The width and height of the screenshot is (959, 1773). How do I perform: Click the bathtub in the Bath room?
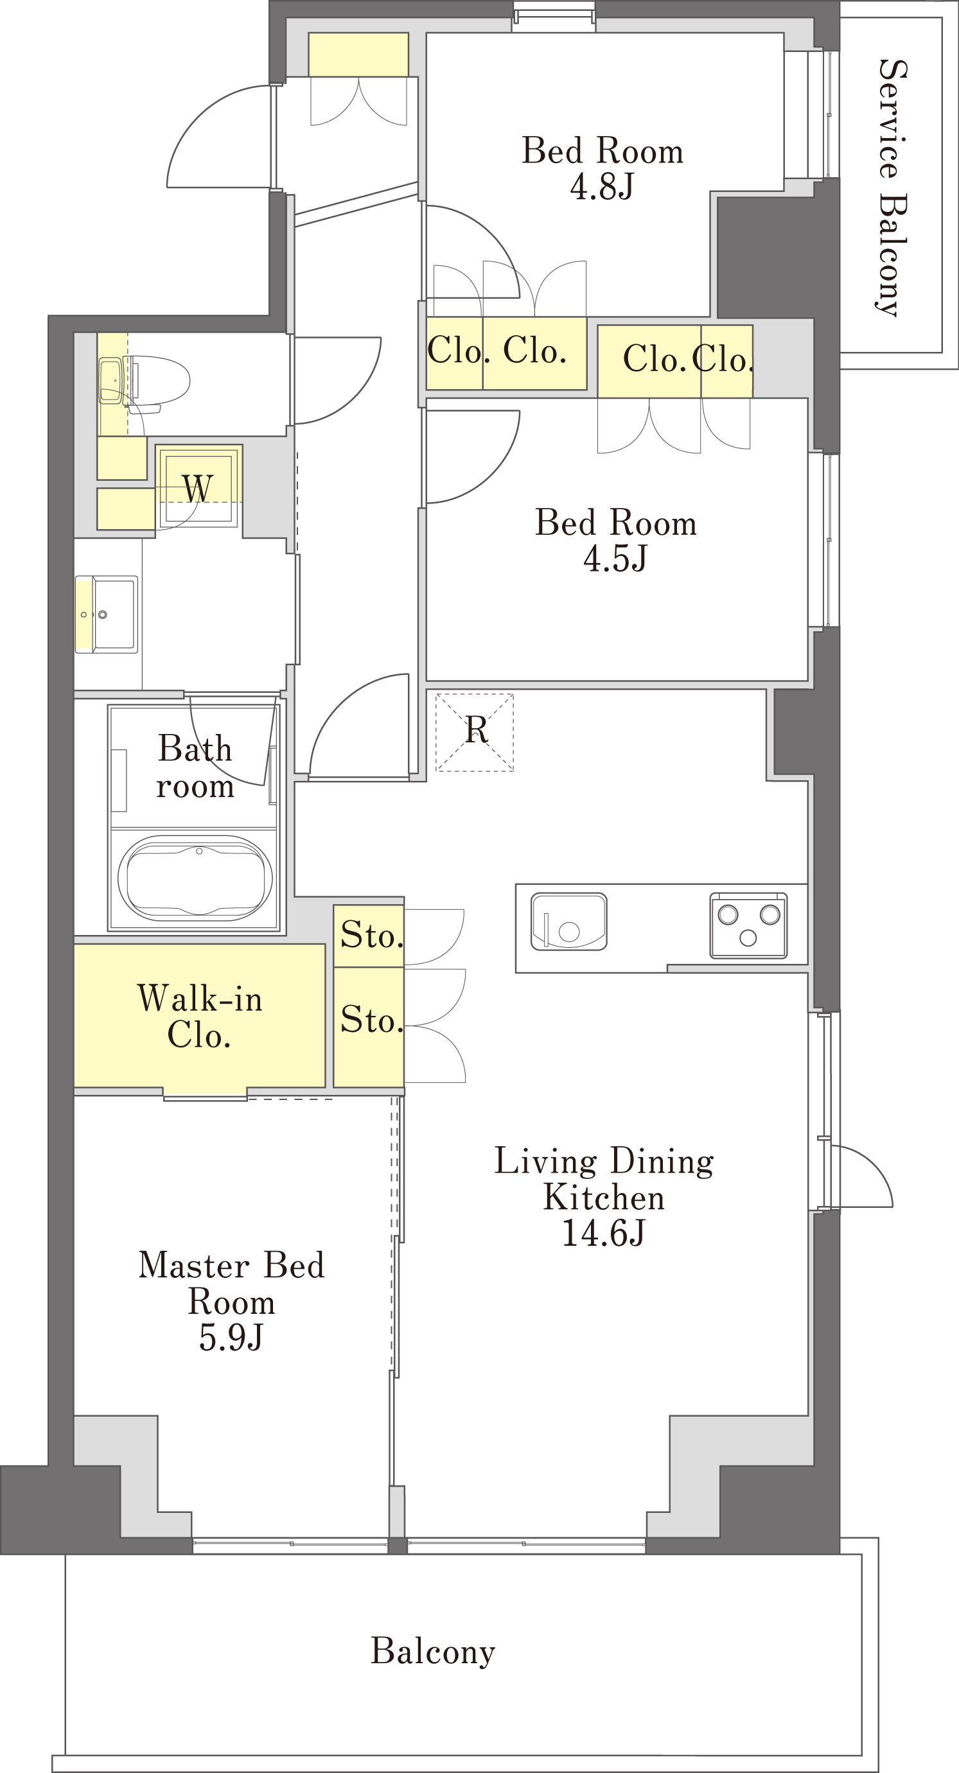(195, 878)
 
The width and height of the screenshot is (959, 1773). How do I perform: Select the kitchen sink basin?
(568, 921)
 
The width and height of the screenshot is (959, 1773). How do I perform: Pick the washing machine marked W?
(198, 487)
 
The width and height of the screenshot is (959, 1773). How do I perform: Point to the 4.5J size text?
(615, 558)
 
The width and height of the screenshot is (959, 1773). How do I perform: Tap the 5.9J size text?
(231, 1338)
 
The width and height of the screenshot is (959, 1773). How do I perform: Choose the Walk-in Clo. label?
(200, 1017)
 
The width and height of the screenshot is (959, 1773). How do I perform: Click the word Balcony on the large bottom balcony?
(433, 1650)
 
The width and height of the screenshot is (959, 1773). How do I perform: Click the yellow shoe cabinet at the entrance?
(358, 55)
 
